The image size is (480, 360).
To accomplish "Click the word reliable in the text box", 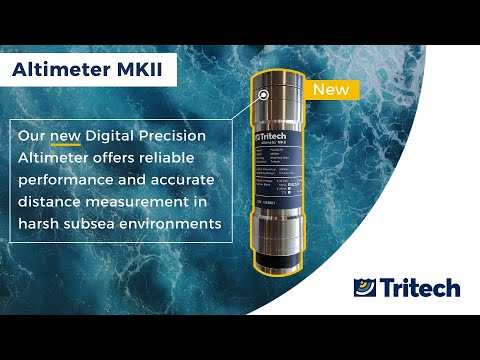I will pos(197,157).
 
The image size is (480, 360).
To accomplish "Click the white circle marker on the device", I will pos(263,96).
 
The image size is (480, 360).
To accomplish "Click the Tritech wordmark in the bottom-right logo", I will pos(421,289).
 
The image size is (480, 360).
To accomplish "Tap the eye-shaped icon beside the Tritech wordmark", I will pos(366,289).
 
